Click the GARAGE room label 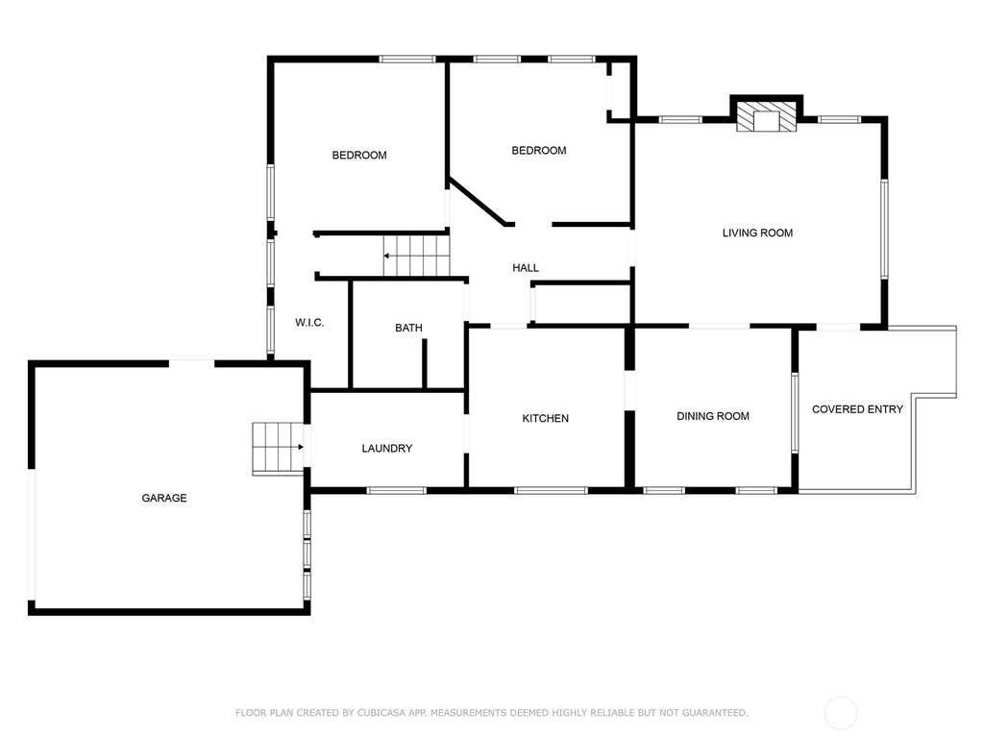point(163,498)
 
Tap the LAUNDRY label point(386,448)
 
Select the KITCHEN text point(546,418)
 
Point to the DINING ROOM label point(713,415)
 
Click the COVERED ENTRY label point(857,409)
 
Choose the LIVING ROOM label point(757,233)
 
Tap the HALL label point(526,268)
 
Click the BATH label point(408,328)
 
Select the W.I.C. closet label point(309,323)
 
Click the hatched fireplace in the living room point(766,117)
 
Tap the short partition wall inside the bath point(424,364)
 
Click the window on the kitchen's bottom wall point(551,490)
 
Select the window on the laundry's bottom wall point(397,490)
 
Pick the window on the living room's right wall point(884,229)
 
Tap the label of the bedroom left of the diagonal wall point(359,155)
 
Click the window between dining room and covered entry point(795,412)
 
